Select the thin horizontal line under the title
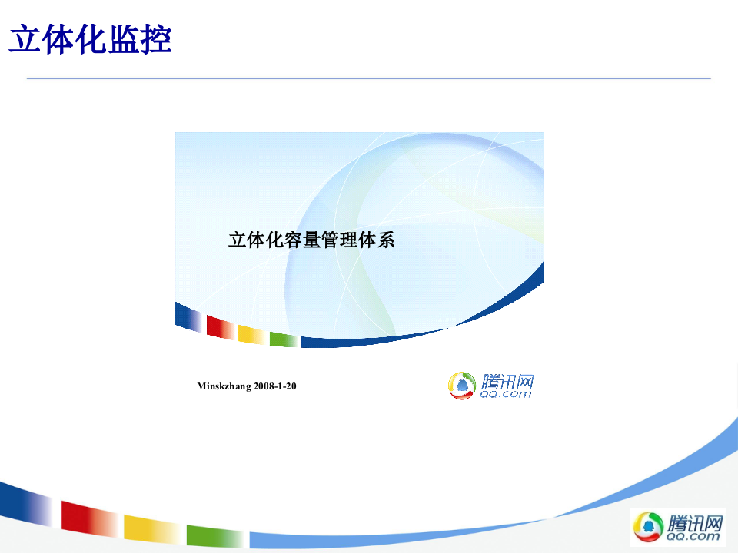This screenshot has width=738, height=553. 369,78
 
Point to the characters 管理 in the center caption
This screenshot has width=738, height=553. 339,240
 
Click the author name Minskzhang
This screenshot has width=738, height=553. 224,386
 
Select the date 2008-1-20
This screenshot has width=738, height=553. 275,386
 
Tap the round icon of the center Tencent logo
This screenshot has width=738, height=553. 463,386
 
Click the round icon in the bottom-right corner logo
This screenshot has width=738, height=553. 647,527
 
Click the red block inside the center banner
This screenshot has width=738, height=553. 220,327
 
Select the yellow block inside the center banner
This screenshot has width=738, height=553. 251,334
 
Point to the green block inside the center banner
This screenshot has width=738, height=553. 283,339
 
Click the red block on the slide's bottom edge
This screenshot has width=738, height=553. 87,515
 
